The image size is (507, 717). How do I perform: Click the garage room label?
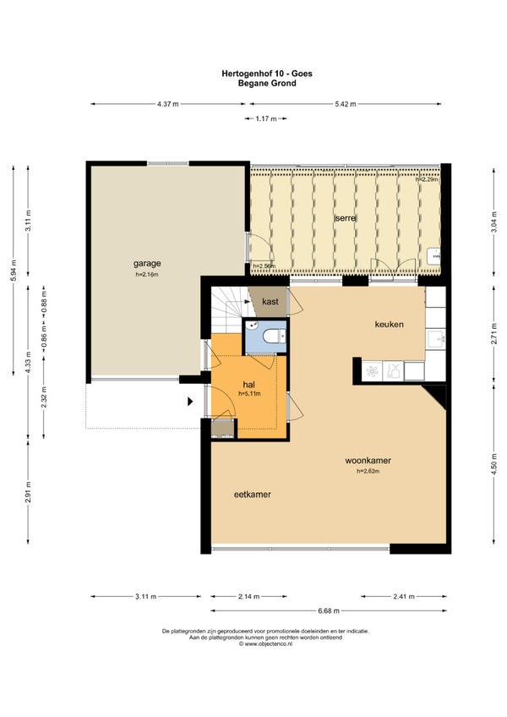tap(147, 264)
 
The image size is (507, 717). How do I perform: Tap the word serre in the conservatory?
tap(345, 218)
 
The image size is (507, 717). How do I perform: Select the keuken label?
tap(389, 324)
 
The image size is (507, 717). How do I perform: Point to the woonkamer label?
tap(368, 461)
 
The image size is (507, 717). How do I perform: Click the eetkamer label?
tap(253, 495)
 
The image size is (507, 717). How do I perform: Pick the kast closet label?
tap(270, 302)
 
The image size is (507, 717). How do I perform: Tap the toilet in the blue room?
tap(274, 337)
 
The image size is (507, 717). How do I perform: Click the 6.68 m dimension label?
tap(329, 610)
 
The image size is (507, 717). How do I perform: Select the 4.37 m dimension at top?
tap(168, 104)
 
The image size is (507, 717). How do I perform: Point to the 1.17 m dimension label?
tap(266, 118)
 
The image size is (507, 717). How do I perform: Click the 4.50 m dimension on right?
tap(493, 464)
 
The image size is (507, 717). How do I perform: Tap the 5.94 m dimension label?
tap(14, 271)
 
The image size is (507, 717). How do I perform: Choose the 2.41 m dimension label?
tap(404, 596)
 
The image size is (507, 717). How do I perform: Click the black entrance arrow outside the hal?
tap(190, 402)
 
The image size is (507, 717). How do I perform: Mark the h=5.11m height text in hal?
tap(249, 393)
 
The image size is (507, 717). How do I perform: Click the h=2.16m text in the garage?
tap(147, 274)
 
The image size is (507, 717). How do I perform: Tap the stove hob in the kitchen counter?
tap(372, 370)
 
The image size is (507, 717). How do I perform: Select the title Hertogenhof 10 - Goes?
tap(267, 74)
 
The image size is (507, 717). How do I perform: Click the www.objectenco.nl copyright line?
tap(265, 643)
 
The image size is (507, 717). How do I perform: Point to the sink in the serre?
tap(433, 256)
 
